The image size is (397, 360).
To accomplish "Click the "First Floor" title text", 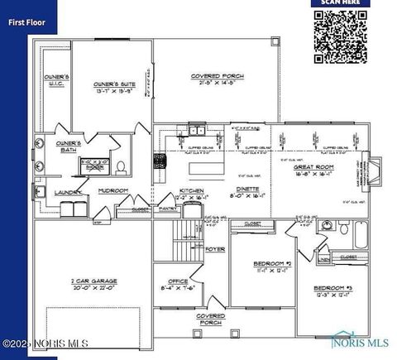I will coord(26,23).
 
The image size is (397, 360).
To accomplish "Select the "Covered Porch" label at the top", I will coord(217,78).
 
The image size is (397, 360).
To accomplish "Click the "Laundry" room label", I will coord(67,194).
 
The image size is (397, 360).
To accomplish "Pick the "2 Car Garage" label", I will coord(90,284).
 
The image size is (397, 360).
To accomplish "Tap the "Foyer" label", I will coord(215,248).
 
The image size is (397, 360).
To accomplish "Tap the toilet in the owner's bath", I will coord(121,168).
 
